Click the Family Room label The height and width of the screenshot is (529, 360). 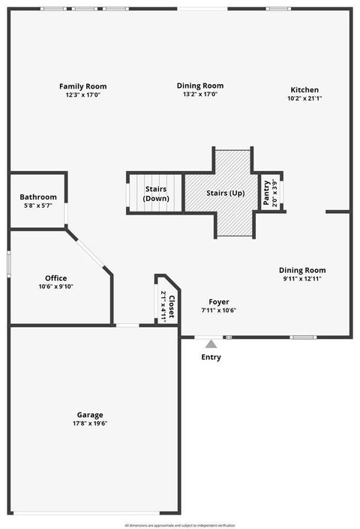pos(82,86)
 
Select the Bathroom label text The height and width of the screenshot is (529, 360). pos(38,197)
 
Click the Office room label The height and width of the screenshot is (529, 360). pos(56,278)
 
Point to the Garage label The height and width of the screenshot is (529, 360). pos(90,415)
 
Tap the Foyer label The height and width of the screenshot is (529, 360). pos(219,302)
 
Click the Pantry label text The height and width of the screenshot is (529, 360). pos(266,193)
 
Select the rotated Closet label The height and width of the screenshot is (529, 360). pos(172,306)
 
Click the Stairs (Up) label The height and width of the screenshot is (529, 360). pos(226,193)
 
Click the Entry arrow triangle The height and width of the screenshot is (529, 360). pos(211,344)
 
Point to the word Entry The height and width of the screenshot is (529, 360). pos(211,357)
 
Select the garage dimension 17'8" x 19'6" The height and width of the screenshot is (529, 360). pos(90,424)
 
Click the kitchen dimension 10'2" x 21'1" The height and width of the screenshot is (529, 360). pos(304,99)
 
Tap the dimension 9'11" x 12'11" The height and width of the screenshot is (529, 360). pos(302,279)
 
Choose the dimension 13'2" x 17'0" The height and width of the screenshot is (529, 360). pos(200,95)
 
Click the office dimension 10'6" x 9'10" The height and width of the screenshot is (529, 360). pos(56,287)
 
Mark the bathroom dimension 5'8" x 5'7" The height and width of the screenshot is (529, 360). pos(38,206)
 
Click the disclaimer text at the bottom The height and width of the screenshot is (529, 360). pos(180,525)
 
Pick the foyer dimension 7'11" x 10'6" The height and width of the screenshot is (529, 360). pos(219,311)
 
